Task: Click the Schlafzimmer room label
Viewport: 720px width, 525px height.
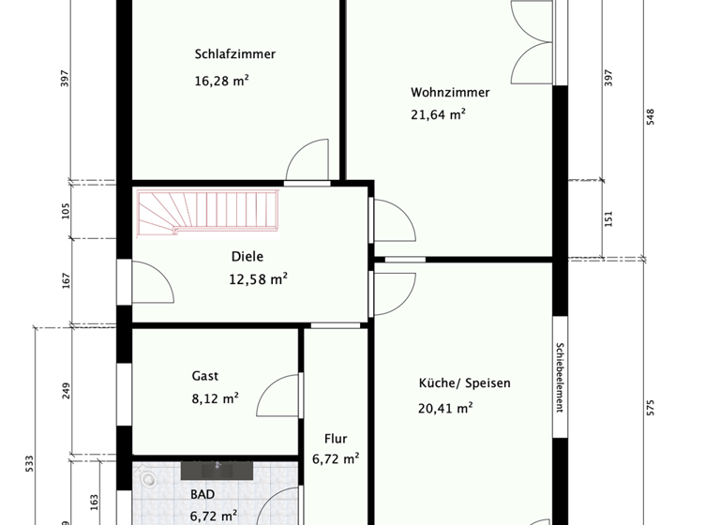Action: coord(235,53)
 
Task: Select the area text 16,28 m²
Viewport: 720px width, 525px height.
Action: coord(221,81)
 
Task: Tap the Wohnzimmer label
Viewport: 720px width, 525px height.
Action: coord(450,92)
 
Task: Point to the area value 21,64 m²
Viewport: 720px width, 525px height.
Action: coord(438,115)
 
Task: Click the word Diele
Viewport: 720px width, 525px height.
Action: coord(247,256)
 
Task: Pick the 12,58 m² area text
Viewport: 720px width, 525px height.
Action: coord(258,278)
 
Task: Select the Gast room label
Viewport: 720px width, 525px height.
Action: coord(205,376)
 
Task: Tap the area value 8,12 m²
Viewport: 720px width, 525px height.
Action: coord(214,397)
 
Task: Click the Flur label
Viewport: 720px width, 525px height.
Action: coord(336,438)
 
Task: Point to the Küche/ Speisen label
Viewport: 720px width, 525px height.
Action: coord(464,383)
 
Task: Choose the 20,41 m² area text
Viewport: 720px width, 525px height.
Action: coord(445,408)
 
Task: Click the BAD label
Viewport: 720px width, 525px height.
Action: coord(202,494)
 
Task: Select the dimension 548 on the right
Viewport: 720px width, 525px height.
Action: coord(650,115)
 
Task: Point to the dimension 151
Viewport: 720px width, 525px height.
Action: coord(608,218)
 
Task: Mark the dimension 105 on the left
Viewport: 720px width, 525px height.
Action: coord(67,211)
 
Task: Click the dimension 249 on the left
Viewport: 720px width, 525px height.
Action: coord(67,391)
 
